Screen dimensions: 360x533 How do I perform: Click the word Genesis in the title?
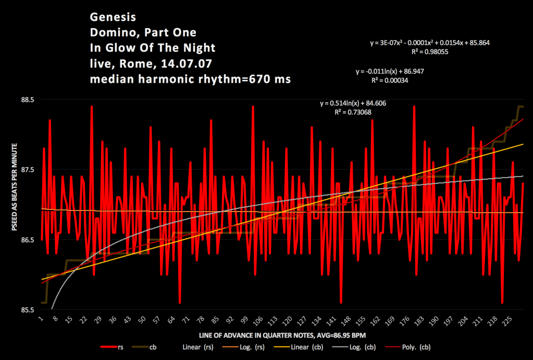(x=109, y=17)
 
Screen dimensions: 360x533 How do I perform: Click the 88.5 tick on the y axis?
(x=27, y=100)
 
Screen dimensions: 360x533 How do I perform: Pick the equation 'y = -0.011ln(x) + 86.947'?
(x=389, y=71)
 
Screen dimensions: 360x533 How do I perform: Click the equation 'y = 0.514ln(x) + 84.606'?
(x=353, y=104)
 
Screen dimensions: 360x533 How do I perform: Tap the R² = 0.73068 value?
(x=353, y=111)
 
